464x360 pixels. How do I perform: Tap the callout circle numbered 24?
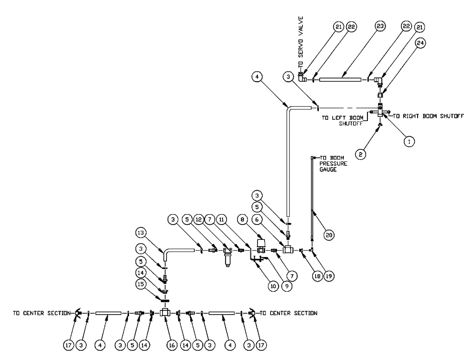420,43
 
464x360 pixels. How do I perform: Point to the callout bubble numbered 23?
380,27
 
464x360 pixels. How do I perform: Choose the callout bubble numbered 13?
142,232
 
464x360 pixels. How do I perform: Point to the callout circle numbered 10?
273,287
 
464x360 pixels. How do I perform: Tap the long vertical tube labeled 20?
311,199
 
